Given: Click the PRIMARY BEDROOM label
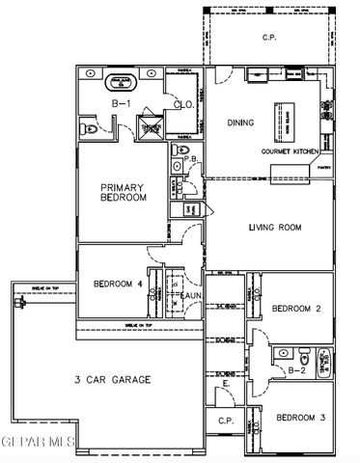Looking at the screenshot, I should click(x=125, y=191).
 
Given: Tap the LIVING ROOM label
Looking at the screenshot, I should click(x=276, y=229).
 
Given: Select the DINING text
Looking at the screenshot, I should click(x=239, y=123).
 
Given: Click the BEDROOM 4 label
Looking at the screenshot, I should click(x=118, y=285).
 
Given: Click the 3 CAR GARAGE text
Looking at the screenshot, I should click(x=113, y=379).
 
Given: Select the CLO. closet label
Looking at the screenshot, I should click(x=183, y=105).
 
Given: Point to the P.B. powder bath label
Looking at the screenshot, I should click(x=192, y=160).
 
